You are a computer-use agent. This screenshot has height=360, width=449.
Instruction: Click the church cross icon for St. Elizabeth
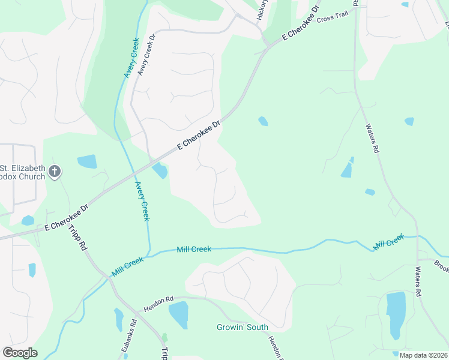54,172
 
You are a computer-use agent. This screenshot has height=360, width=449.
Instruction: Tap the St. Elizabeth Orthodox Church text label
23,172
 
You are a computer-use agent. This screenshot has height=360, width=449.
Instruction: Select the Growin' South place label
243,328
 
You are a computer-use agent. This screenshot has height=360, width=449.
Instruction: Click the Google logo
20,353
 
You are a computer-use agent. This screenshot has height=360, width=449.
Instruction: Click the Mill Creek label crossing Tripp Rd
127,267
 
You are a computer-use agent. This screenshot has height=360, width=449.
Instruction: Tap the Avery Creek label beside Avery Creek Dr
132,58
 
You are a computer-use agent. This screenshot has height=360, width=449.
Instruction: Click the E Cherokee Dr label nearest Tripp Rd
66,217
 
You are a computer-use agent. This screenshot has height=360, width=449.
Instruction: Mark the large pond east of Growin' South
396,315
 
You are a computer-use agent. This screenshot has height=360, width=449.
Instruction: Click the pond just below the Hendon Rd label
178,315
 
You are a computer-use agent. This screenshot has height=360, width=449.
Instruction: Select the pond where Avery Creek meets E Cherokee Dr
160,171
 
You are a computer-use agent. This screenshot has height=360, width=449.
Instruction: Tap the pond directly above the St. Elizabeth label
87,161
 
